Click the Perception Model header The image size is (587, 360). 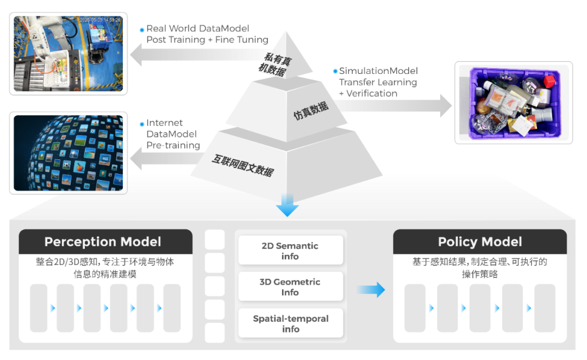click(x=103, y=242)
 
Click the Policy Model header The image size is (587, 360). click(x=480, y=242)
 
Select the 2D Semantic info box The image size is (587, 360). click(x=290, y=251)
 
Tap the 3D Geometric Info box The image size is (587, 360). click(x=290, y=287)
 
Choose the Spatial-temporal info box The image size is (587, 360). click(x=290, y=324)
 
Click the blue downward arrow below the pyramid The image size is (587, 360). click(x=288, y=207)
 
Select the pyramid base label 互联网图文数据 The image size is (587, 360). click(x=243, y=165)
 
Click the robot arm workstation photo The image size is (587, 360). click(x=68, y=53)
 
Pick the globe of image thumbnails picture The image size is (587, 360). click(x=68, y=153)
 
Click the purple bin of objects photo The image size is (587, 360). click(x=514, y=103)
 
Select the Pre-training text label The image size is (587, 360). click(x=173, y=145)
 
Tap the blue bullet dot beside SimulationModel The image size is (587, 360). click(x=335, y=71)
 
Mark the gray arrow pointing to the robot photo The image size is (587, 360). click(x=190, y=55)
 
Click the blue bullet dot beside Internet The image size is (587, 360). click(x=142, y=123)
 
